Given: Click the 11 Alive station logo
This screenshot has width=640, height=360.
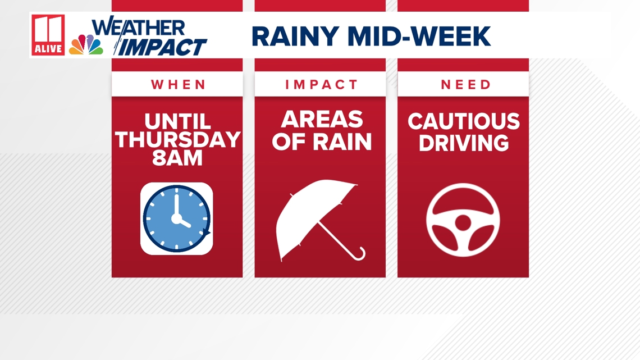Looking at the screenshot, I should tap(48, 35).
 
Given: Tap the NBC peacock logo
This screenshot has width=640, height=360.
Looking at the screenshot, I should tap(86, 45).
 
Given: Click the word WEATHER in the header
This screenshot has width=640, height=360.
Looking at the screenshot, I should tap(138, 28).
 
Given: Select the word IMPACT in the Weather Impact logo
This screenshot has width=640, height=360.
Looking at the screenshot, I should tap(161, 47).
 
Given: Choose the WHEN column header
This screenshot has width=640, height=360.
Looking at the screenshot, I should tap(177, 85).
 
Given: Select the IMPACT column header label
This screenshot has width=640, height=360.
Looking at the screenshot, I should tap(321, 85).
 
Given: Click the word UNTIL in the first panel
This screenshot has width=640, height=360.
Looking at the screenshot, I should tap(177, 121).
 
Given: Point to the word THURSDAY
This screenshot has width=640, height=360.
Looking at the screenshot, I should tap(177, 140).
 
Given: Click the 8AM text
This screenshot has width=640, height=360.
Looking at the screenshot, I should tap(177, 158).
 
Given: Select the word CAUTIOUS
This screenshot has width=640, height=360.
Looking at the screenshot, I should tap(463, 121).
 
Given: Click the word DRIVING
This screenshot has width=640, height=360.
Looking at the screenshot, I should tap(463, 143).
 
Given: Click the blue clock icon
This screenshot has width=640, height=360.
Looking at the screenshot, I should tap(177, 218).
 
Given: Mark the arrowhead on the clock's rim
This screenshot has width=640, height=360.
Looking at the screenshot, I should tap(207, 233).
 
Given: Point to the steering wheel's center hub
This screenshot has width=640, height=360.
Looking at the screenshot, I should tap(463, 223).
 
